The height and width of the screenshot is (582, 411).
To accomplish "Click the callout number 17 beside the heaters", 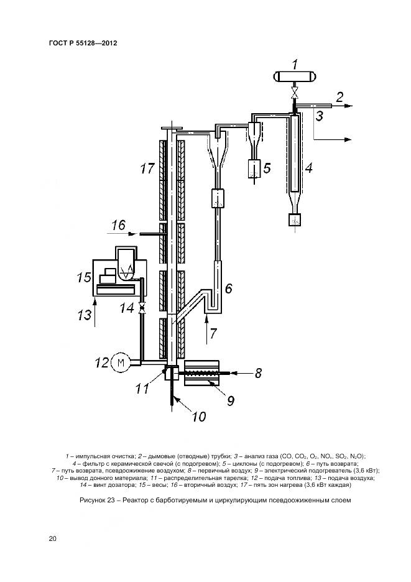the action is (147, 169).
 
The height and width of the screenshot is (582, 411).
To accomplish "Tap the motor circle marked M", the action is (121, 362).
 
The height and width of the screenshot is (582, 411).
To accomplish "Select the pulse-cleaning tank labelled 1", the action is (294, 77).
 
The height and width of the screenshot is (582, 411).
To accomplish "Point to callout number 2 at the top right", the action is (339, 97).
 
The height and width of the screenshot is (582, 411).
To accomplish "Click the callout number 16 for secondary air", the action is (119, 225).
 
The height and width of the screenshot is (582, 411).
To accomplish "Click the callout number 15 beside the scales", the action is (84, 277).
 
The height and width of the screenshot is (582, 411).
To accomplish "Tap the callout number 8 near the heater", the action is (258, 372).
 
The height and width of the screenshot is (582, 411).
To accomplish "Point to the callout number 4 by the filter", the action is (308, 168).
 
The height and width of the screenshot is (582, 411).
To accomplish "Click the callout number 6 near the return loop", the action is (229, 288).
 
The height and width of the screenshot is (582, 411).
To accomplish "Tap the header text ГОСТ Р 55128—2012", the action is (83, 43).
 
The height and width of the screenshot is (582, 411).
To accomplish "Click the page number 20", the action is (52, 538).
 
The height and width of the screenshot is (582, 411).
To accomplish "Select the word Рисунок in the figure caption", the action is (93, 500).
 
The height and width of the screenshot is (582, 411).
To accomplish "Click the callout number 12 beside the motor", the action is (102, 362).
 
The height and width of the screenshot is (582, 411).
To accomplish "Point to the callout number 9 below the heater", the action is (231, 400).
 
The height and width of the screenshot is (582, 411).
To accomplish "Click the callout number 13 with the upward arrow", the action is (85, 315).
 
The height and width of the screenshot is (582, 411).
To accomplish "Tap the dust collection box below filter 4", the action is (295, 219).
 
